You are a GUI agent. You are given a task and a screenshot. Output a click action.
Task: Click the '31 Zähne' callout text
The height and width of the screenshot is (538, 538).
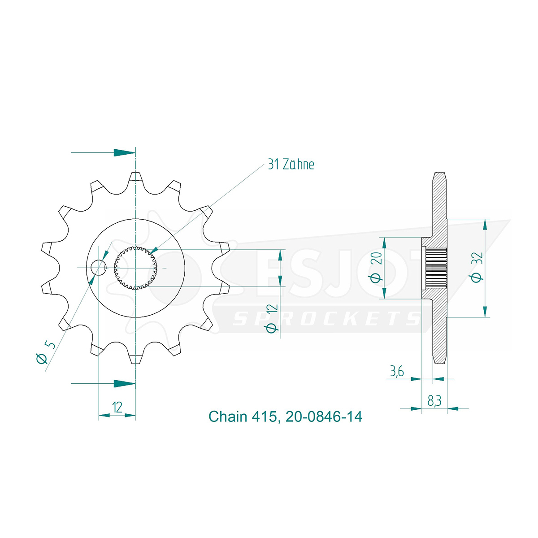291,165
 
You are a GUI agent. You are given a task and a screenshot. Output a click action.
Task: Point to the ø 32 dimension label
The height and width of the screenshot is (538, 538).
477,267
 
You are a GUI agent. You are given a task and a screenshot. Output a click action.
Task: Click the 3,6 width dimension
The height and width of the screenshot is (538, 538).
397,372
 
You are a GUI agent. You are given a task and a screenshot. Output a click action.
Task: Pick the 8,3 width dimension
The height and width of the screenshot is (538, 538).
434,401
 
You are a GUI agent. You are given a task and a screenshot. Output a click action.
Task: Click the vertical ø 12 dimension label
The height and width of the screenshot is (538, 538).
273,318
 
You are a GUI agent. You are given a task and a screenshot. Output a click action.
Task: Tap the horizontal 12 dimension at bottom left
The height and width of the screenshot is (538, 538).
117,408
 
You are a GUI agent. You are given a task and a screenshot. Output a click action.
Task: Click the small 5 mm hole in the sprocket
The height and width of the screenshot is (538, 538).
99,268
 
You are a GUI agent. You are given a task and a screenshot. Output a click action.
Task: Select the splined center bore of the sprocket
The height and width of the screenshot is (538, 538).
135,268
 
